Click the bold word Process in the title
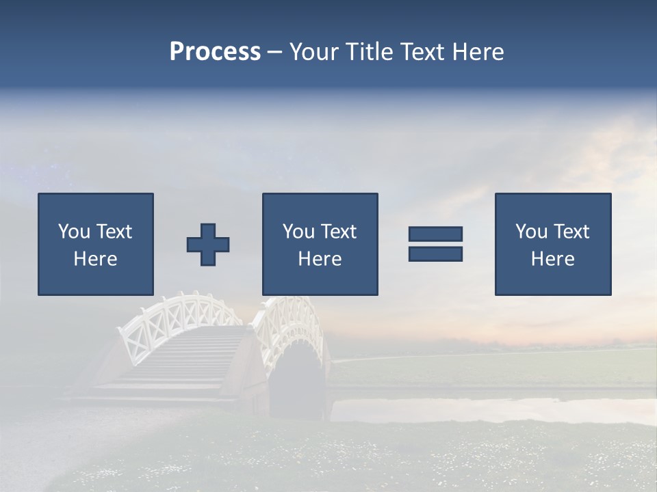215,51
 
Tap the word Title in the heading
370,52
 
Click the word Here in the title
477,52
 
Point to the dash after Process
275,53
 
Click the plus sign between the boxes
208,244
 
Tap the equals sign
435,244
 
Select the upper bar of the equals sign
435,234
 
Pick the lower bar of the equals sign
435,254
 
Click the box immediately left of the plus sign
96,244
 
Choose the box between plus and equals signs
320,244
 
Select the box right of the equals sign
553,244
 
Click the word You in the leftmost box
74,232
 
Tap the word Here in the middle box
320,259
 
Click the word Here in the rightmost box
553,259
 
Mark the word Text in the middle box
338,232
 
